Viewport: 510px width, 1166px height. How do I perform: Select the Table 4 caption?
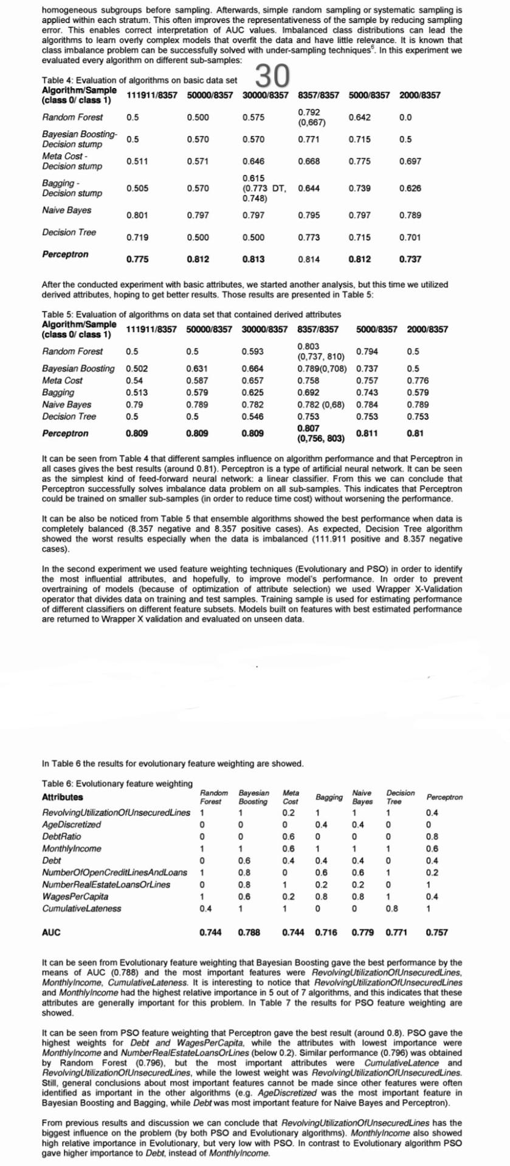pos(140,80)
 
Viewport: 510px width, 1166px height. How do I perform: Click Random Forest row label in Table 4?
pos(72,117)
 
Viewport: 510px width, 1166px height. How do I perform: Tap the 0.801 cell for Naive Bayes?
pos(137,215)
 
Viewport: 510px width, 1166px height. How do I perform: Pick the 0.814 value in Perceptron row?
pos(309,259)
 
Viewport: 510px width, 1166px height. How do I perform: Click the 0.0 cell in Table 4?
pos(405,117)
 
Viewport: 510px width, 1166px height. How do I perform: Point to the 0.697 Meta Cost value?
pos(410,162)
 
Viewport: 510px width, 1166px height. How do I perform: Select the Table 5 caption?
pos(191,314)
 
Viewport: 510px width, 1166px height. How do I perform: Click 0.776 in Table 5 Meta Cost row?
pos(417,380)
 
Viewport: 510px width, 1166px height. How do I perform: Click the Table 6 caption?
pos(117,783)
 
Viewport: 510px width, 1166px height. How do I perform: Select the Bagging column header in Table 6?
pos(329,797)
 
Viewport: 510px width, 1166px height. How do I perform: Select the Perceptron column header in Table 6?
pos(444,797)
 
